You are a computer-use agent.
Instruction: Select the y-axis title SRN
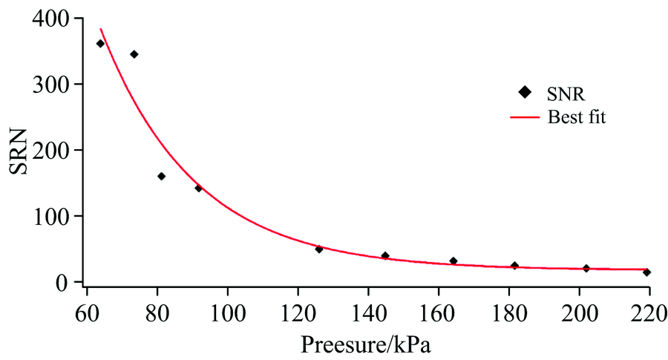[x=20, y=153]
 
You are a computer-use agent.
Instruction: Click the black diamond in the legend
[x=524, y=92]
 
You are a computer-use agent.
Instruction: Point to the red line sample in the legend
[x=524, y=117]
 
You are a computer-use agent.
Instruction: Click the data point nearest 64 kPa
[x=100, y=44]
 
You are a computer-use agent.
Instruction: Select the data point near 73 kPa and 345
[x=134, y=54]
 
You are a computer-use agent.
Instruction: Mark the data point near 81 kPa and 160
[x=161, y=177]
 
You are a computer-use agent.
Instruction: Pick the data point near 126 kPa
[x=319, y=249]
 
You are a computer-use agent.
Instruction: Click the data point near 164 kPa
[x=453, y=261]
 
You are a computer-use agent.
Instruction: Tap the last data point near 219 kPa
[x=647, y=272]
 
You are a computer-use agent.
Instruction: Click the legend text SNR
[x=566, y=92]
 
